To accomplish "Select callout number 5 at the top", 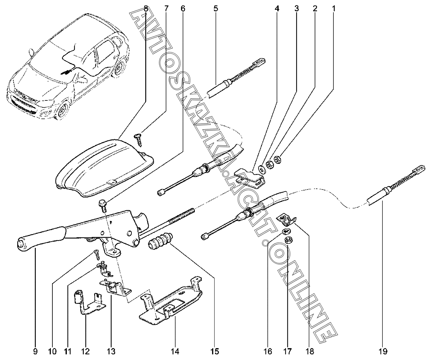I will [216, 9].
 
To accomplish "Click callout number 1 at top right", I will [333, 9].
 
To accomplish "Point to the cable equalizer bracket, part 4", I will [250, 178].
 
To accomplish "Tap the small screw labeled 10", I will [96, 255].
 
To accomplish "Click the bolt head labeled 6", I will [103, 204].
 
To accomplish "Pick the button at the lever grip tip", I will [21, 244].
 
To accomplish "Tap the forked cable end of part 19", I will [420, 169].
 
